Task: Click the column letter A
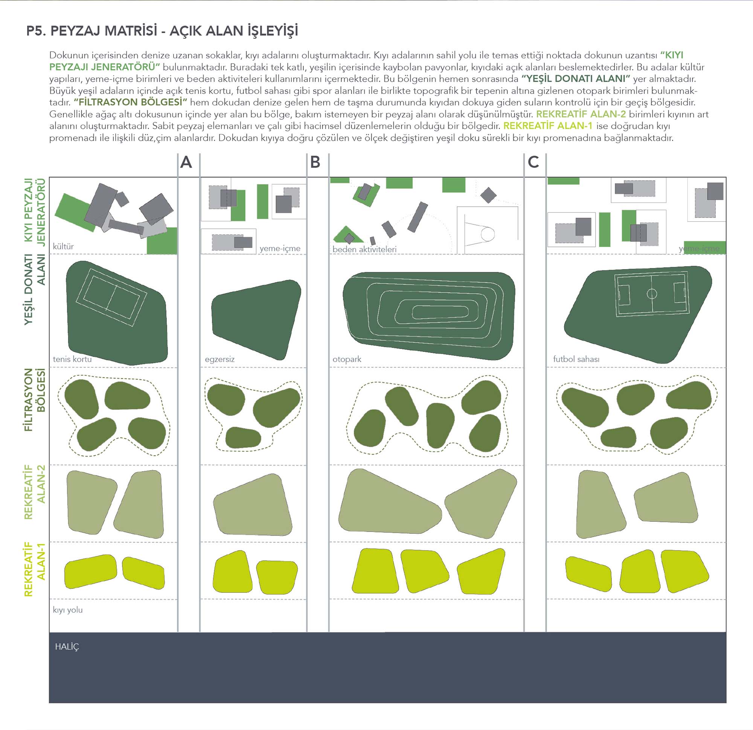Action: coord(186,163)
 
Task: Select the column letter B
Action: coord(315,163)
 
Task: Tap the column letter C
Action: coord(533,163)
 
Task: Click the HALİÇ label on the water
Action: coord(67,647)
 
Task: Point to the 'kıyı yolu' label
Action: coord(68,610)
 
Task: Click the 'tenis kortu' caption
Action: coord(72,359)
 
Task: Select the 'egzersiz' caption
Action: coord(219,360)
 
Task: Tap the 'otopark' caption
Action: coord(347,360)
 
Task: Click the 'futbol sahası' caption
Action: coord(576,359)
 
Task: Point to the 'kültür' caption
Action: coord(63,246)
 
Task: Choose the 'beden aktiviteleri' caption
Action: coord(364,249)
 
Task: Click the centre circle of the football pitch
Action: coord(652,294)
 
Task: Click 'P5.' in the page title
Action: coord(36,31)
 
